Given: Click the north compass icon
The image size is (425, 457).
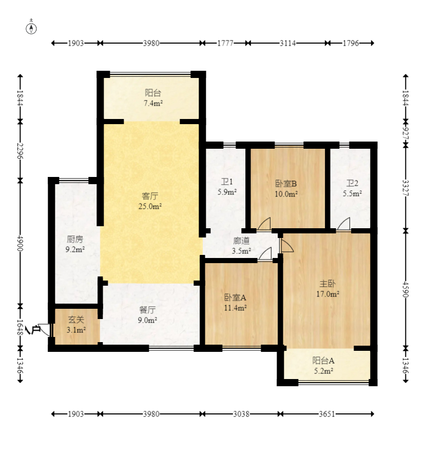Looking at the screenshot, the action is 31,29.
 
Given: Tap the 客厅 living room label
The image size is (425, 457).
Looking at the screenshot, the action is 150,195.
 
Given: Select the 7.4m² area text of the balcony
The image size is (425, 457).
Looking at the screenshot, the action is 153,103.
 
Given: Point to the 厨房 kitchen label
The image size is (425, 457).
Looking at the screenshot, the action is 75,240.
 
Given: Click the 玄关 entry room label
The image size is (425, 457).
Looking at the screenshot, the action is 76,320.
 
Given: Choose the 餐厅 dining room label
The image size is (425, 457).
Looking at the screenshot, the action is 148,310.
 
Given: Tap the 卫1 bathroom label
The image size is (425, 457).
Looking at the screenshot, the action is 227,182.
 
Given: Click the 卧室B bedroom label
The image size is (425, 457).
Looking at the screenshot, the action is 286,184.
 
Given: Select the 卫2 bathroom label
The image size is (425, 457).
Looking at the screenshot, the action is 352,183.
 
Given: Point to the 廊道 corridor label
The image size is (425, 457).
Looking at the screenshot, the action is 242,241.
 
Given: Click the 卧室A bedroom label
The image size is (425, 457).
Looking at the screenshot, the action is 236,297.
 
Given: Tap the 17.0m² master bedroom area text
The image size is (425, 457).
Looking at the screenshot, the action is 328,294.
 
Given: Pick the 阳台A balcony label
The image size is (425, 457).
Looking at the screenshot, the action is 323,361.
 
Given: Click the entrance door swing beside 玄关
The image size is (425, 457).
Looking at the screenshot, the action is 44,330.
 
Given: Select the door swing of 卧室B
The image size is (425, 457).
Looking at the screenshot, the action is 264,224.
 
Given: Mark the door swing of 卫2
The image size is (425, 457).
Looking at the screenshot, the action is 343,224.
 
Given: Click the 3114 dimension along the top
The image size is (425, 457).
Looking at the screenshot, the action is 287,43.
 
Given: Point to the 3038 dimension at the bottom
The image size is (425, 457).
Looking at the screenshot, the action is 241,414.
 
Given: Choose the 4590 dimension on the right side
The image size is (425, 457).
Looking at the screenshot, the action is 405,289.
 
